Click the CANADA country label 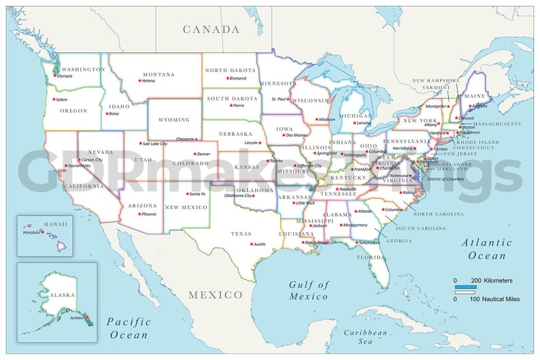click(x=211, y=29)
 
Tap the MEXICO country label click(x=215, y=295)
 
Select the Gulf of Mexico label click(x=308, y=291)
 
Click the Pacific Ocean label click(x=129, y=327)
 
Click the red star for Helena click(x=139, y=81)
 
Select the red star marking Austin click(x=250, y=244)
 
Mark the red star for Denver click(x=193, y=154)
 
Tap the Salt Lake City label click(x=155, y=144)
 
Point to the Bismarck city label click(x=238, y=78)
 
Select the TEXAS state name click(x=241, y=233)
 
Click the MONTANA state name click(x=158, y=74)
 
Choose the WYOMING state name click(x=174, y=120)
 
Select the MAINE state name click(x=475, y=96)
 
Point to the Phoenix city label click(x=148, y=214)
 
